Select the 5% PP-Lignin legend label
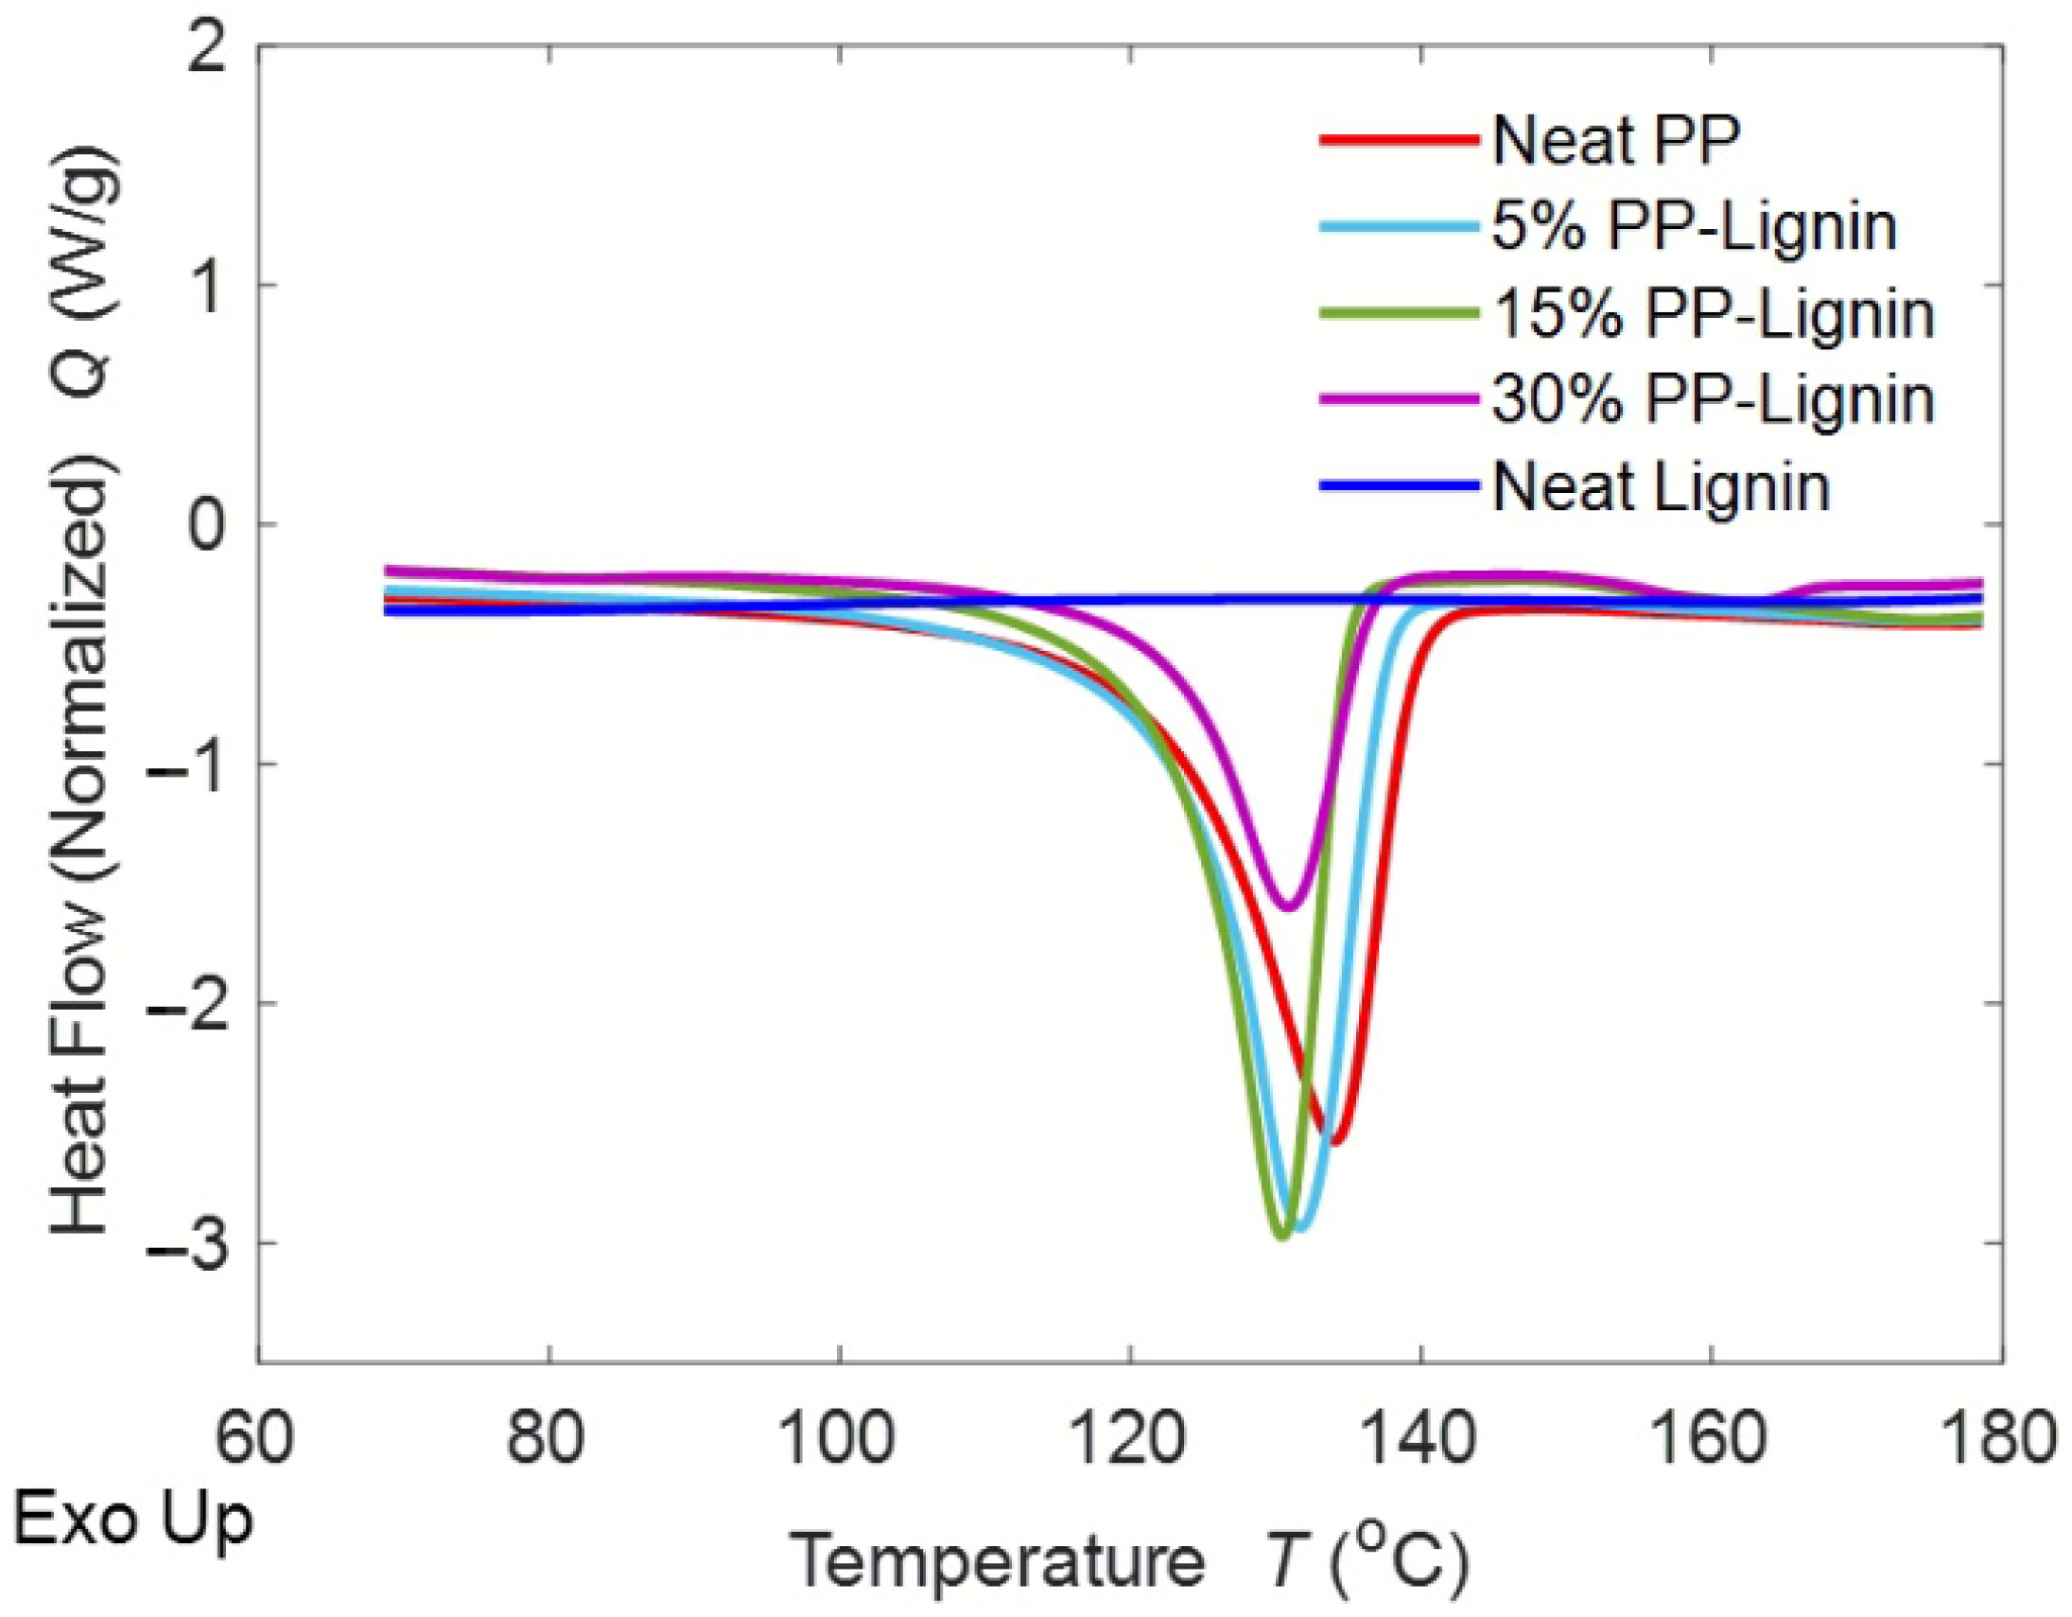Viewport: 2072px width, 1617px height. tap(1695, 227)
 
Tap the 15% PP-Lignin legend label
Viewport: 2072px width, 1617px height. tap(1714, 314)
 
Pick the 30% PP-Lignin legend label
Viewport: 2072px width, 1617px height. tap(1714, 399)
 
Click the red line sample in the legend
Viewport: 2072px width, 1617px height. tap(1400, 139)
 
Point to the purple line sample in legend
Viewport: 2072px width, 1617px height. tap(1400, 399)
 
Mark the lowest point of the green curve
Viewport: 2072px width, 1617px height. tap(1282, 1237)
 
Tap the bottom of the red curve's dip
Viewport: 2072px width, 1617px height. tap(1336, 1143)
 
